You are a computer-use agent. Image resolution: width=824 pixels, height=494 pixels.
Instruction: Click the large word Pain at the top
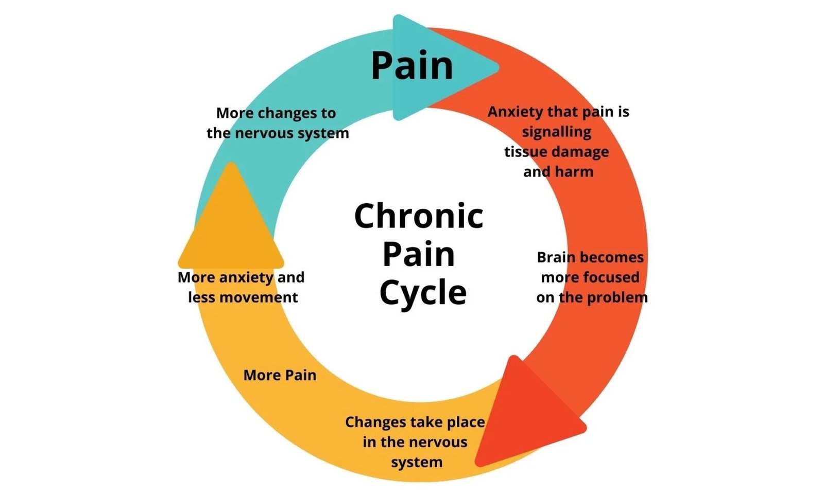coord(412,66)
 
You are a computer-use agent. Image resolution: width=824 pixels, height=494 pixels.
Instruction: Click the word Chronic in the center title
coord(418,216)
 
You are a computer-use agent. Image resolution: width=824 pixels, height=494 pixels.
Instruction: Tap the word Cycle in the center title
coord(423,293)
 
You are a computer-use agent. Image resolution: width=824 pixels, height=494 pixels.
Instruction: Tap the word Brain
coord(557,257)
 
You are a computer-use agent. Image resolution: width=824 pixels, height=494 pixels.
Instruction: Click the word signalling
coord(557,132)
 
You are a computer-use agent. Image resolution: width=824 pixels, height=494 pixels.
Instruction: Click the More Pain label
coord(280,375)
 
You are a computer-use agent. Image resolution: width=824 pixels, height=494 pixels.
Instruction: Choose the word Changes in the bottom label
coord(375,422)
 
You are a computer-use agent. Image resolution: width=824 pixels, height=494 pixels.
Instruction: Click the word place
coord(466,422)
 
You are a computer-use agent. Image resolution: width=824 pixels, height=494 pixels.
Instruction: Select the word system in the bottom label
coord(416,462)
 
